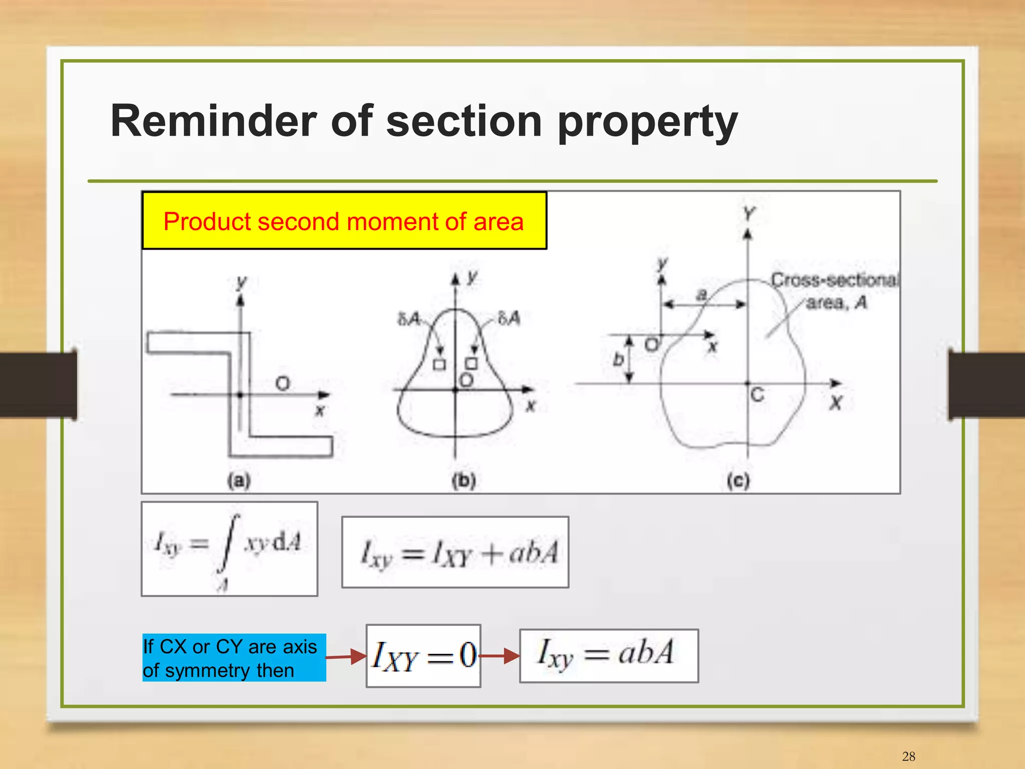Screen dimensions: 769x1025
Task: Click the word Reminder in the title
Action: tap(213, 121)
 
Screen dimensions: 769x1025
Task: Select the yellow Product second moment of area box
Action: tap(344, 221)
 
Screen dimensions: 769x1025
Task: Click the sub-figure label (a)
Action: tap(239, 480)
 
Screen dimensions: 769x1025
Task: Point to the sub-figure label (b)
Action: tap(464, 480)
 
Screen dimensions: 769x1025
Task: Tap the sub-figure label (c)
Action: tap(738, 480)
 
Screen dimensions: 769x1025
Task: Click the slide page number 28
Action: tap(908, 756)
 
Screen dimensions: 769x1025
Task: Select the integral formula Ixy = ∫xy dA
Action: tap(229, 548)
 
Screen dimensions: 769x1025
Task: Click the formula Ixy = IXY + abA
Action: tap(455, 552)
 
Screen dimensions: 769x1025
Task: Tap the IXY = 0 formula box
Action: tap(423, 655)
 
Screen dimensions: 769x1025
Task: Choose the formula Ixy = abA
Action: tap(609, 655)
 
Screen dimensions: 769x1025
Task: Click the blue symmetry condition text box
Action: tap(234, 657)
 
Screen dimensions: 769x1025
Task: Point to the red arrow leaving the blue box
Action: tap(346, 656)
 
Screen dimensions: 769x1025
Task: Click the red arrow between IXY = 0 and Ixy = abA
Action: tap(499, 655)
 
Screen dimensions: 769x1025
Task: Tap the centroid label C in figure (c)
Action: tap(757, 395)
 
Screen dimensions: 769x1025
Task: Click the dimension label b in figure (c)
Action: tap(619, 359)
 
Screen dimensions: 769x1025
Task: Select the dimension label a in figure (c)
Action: tap(702, 294)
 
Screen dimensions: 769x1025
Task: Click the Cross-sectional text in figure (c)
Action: tap(835, 280)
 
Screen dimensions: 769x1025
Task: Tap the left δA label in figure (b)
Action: tap(408, 319)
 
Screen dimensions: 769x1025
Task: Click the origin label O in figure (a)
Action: tap(283, 384)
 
